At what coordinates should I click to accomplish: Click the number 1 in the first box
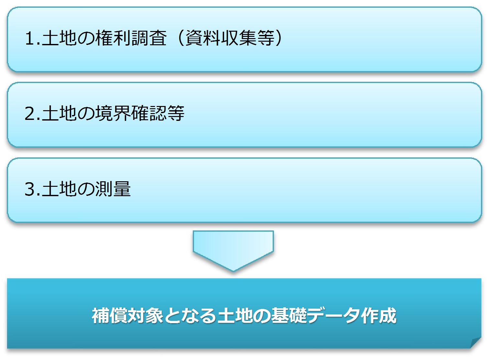pyautogui.click(x=29, y=38)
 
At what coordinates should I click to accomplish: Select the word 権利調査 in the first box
pyautogui.click(x=131, y=38)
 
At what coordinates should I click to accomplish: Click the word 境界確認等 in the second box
pyautogui.click(x=140, y=113)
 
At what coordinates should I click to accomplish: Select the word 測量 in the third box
pyautogui.click(x=113, y=189)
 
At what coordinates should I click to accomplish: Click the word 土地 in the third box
pyautogui.click(x=59, y=189)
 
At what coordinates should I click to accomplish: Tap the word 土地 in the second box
pyautogui.click(x=59, y=113)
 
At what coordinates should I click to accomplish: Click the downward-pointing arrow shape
pyautogui.click(x=233, y=250)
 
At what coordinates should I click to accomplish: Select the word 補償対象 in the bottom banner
pyautogui.click(x=127, y=316)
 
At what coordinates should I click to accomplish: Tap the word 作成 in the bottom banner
pyautogui.click(x=379, y=316)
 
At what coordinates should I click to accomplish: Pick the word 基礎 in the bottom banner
pyautogui.click(x=289, y=316)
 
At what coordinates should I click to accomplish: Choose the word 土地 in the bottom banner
pyautogui.click(x=235, y=316)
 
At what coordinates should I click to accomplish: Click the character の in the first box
pyautogui.click(x=86, y=38)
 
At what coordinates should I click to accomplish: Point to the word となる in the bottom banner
pyautogui.click(x=190, y=316)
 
